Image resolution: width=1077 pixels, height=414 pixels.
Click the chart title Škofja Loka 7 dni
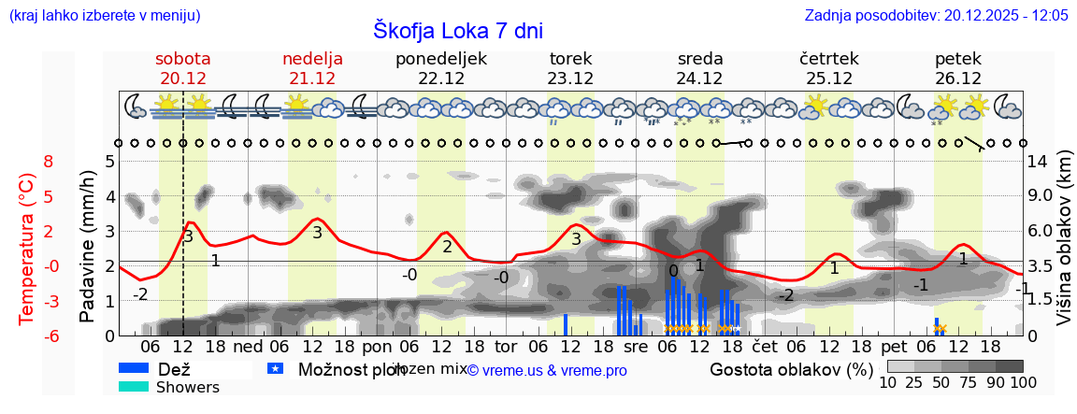[x=457, y=30]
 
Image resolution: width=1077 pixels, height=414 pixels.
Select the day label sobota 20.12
[x=183, y=68]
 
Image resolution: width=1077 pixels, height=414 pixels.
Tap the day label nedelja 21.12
[x=312, y=68]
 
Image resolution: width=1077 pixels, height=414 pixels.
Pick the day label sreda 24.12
[x=699, y=68]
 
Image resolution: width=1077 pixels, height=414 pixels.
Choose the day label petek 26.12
[x=957, y=68]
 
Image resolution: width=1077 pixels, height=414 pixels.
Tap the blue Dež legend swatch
[x=134, y=369]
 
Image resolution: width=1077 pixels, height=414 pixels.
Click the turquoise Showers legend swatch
[x=134, y=387]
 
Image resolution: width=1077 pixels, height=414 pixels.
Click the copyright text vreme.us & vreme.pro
[x=547, y=371]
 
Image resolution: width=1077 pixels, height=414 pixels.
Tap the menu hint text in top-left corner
[x=104, y=15]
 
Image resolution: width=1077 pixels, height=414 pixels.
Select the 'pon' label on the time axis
[x=377, y=347]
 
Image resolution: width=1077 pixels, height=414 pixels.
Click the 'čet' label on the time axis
[x=765, y=347]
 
